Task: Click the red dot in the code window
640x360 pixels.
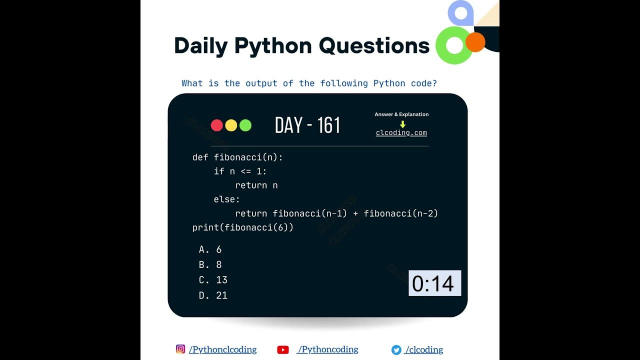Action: (x=217, y=125)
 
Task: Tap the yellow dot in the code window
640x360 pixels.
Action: (x=231, y=125)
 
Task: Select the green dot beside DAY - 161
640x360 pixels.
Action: (x=245, y=125)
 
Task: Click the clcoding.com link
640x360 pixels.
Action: (x=401, y=133)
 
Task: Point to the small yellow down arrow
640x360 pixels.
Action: (x=402, y=124)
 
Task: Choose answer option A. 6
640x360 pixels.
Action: (x=210, y=249)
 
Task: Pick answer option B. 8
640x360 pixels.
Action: (x=210, y=264)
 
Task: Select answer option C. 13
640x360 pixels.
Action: (x=213, y=280)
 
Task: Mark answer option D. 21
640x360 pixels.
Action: (x=213, y=295)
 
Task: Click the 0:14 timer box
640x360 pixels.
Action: (x=434, y=283)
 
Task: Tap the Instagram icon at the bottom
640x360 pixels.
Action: (x=180, y=349)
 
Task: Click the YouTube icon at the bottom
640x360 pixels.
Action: (x=283, y=350)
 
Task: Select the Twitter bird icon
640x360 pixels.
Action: (x=396, y=350)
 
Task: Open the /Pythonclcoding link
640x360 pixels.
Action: (x=222, y=349)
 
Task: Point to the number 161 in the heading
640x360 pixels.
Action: (x=329, y=125)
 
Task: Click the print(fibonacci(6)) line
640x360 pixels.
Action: (x=243, y=227)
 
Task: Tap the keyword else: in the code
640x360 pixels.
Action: (x=227, y=199)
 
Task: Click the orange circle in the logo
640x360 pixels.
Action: (x=475, y=42)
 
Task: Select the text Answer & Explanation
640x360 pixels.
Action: (x=401, y=114)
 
